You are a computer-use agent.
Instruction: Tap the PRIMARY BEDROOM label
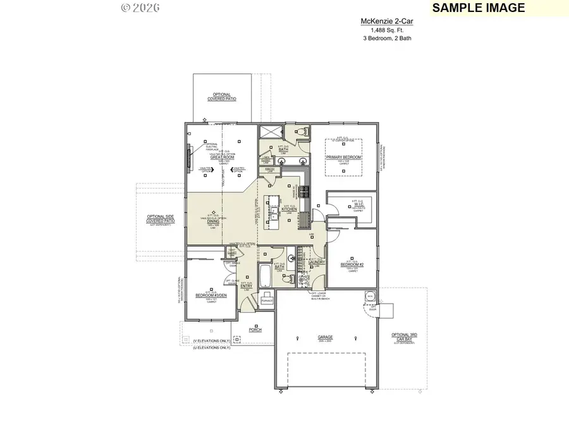pos(343,157)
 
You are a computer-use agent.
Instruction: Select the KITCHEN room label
pos(290,209)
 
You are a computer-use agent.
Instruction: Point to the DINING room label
pos(213,221)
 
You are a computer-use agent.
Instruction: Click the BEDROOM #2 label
pos(352,264)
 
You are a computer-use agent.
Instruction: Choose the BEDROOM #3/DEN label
pos(211,295)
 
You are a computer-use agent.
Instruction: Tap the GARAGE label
pos(326,337)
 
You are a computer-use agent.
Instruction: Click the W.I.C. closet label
pos(357,204)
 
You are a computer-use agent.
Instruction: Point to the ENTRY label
pos(247,286)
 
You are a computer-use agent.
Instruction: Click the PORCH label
pos(255,330)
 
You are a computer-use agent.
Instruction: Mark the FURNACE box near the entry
pos(267,299)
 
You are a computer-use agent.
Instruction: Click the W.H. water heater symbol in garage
pos(369,296)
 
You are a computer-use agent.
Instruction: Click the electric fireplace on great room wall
pos(188,156)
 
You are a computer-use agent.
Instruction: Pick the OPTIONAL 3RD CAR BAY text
pos(404,337)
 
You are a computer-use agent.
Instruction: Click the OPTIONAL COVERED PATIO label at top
pos(222,97)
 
